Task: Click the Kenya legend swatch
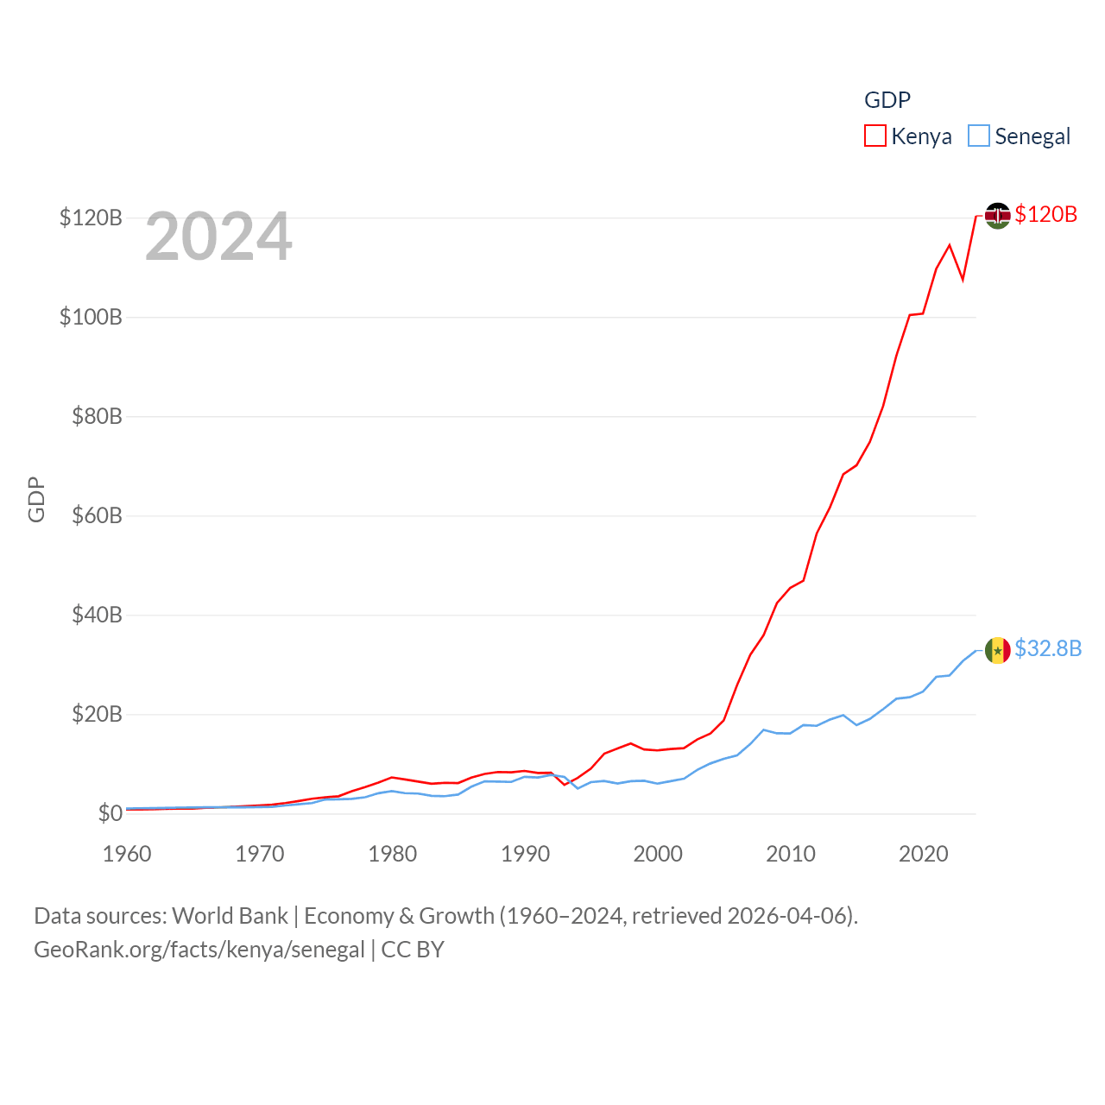point(875,136)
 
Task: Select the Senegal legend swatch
point(978,136)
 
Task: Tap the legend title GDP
point(887,100)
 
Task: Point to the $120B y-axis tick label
point(91,218)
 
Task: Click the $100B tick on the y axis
point(91,317)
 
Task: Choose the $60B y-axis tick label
point(97,515)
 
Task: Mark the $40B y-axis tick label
point(97,615)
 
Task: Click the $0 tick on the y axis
point(110,813)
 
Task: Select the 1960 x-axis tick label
point(127,854)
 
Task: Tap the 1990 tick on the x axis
point(525,854)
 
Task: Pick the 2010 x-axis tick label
point(791,854)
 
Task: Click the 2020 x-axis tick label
point(924,854)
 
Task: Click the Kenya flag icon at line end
point(998,215)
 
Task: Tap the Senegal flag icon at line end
point(998,650)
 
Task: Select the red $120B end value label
point(1046,214)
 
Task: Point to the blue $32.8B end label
point(1048,648)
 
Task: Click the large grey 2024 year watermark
point(218,237)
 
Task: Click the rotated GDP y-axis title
point(36,499)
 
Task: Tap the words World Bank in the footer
point(230,916)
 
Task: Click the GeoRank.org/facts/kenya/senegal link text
point(199,950)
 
